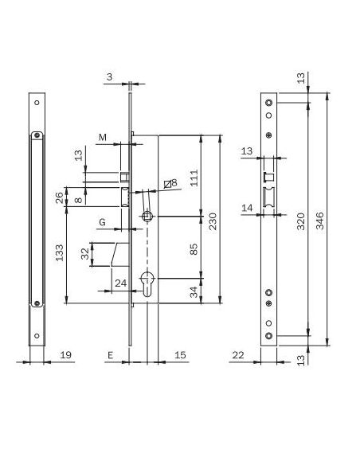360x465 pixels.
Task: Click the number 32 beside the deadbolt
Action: click(x=86, y=255)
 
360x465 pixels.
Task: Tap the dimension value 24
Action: click(x=120, y=282)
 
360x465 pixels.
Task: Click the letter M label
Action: click(x=103, y=139)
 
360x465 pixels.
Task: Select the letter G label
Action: click(x=103, y=221)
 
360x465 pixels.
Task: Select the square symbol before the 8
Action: click(x=166, y=184)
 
